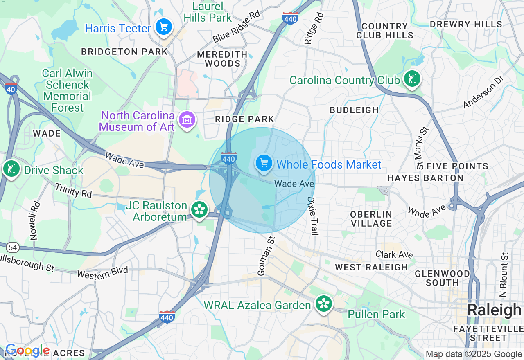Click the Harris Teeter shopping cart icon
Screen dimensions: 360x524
tap(164, 28)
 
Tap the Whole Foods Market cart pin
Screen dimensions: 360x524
tap(264, 164)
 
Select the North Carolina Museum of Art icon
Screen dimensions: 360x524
tap(187, 120)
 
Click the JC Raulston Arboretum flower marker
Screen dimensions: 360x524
tap(200, 210)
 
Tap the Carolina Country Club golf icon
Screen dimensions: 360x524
tap(412, 79)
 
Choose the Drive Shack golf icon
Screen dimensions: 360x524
tap(11, 169)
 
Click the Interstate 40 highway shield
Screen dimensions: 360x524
tap(11, 88)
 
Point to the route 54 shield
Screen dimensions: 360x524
tap(13, 247)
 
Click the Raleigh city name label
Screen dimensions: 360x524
tap(494, 310)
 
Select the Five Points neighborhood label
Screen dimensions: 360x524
tap(457, 166)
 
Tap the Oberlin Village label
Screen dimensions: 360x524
tap(371, 219)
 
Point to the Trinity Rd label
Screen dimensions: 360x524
tap(73, 190)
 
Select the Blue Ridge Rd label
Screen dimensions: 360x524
tap(236, 27)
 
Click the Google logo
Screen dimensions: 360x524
tap(27, 351)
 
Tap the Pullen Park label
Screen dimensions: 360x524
tap(376, 314)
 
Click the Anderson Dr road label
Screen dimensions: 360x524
tap(483, 92)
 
